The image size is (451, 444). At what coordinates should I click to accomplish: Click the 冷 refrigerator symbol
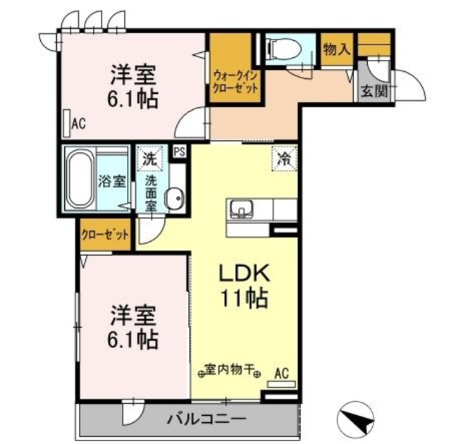[285, 159]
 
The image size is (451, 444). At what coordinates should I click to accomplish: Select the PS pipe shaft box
[179, 152]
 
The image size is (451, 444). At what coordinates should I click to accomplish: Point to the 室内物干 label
[230, 369]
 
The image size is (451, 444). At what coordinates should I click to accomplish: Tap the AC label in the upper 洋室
[78, 124]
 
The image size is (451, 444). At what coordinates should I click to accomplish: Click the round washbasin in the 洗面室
[173, 200]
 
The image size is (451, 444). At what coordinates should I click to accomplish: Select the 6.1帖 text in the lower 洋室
[132, 340]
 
